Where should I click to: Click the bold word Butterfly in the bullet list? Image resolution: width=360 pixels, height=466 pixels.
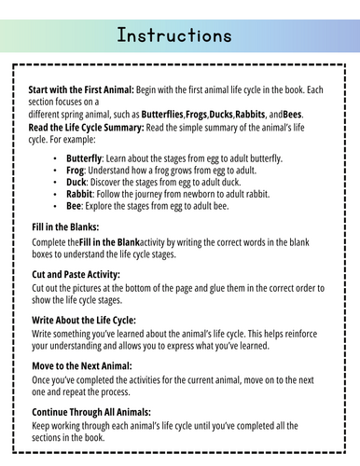pos(85,159)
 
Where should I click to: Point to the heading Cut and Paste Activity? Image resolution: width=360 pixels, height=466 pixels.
pos(76,275)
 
